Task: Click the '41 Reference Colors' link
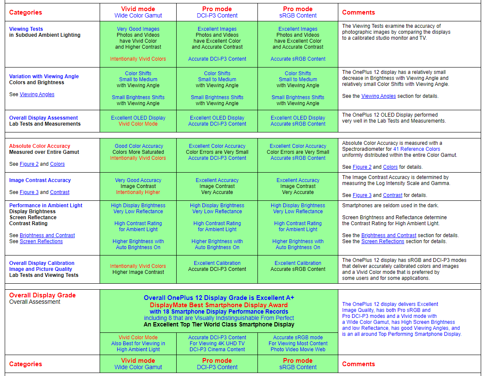click(x=417, y=149)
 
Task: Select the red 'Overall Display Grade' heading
click(x=42, y=295)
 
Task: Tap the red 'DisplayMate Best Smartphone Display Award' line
click(x=219, y=305)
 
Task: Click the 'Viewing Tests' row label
click(x=26, y=29)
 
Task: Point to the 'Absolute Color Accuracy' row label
click(x=40, y=146)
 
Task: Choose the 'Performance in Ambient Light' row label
click(x=46, y=206)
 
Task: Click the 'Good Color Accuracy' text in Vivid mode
click(x=139, y=146)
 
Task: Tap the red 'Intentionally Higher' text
click(x=138, y=192)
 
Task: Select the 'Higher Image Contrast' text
click(x=138, y=272)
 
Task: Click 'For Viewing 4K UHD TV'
click(x=217, y=344)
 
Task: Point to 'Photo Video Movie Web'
click(x=298, y=350)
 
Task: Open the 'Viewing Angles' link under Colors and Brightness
click(x=37, y=94)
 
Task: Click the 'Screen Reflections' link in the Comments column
click(x=383, y=241)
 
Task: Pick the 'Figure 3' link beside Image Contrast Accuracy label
click(x=29, y=192)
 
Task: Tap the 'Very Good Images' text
click(x=138, y=29)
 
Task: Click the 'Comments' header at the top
click(x=358, y=12)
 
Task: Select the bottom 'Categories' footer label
click(x=26, y=364)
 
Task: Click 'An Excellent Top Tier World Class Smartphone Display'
click(x=219, y=324)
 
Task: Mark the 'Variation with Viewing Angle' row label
click(x=44, y=76)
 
